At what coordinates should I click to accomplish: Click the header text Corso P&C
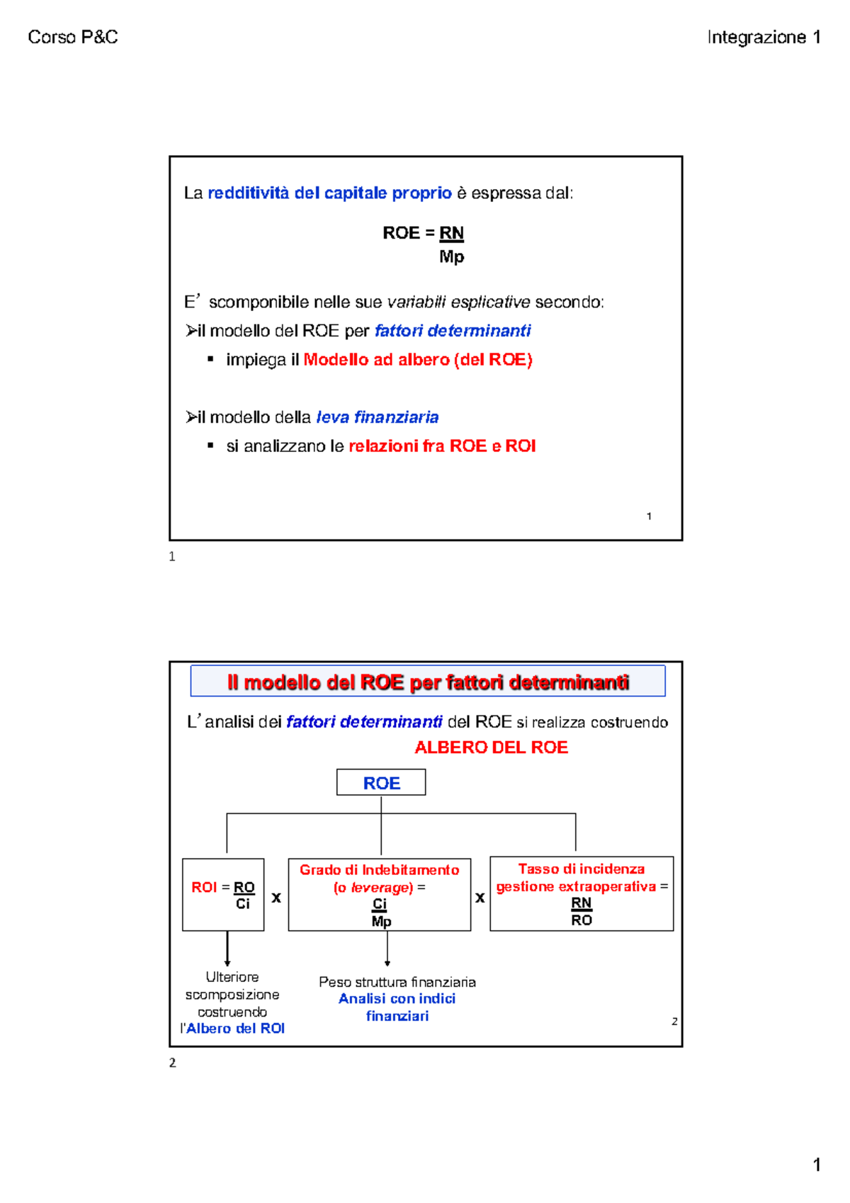(x=73, y=37)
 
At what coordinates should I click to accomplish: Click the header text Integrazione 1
(x=764, y=37)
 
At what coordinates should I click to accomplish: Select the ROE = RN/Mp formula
(x=424, y=244)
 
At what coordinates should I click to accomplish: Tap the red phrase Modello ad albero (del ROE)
(x=418, y=360)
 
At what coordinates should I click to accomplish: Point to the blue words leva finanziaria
(x=378, y=417)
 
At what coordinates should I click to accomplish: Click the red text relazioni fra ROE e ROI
(x=442, y=446)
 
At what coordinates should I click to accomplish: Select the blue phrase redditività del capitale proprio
(x=329, y=193)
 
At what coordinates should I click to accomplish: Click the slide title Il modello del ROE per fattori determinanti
(x=428, y=682)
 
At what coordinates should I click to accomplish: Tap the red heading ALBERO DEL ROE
(x=491, y=747)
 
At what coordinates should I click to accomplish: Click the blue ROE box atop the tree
(x=381, y=783)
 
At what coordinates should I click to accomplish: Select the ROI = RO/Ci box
(x=223, y=894)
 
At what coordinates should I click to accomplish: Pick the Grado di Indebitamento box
(x=380, y=894)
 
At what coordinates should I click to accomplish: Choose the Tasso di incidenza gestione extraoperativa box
(x=582, y=893)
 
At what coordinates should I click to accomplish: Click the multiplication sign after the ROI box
(x=276, y=898)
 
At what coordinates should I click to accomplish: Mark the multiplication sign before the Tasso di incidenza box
(x=480, y=898)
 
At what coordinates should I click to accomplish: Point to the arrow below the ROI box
(x=227, y=949)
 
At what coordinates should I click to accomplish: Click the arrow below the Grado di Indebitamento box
(x=387, y=949)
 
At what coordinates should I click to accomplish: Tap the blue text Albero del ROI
(x=235, y=1029)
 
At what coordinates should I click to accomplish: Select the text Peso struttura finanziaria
(x=397, y=982)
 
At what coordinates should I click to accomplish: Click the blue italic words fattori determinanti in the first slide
(x=453, y=331)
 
